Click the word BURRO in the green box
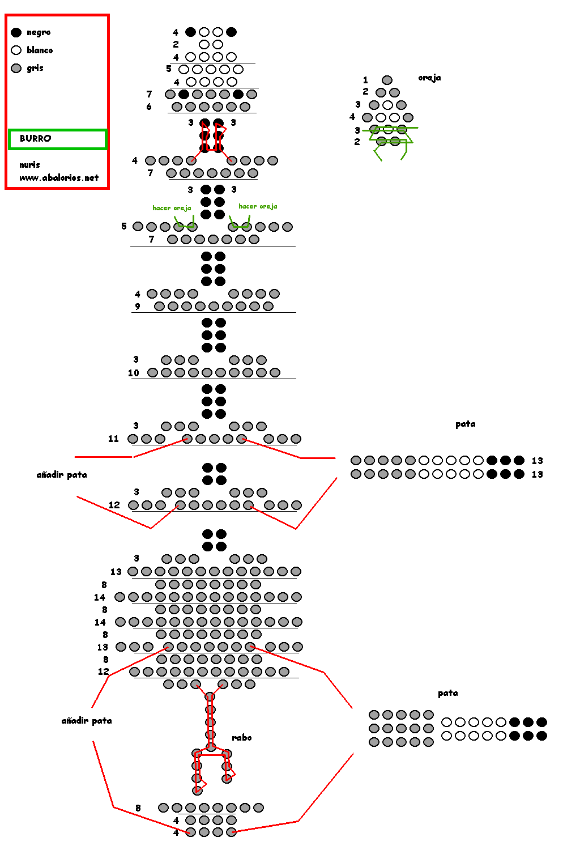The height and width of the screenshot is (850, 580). pos(35,138)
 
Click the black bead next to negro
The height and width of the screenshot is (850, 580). pos(16,32)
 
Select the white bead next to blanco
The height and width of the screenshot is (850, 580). pos(16,50)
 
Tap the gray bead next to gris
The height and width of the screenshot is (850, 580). pos(16,69)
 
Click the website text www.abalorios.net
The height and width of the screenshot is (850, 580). pos(59,177)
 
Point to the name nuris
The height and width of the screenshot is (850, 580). pos(29,165)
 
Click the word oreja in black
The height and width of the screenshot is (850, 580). pos(429,78)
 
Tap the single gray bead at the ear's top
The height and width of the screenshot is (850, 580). pos(387,80)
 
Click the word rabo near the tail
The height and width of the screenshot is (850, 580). pos(242,737)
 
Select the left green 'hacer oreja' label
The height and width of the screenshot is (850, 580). pos(172,208)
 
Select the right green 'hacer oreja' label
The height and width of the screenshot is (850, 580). pos(258,206)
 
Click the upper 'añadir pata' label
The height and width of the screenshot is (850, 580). pos(62,475)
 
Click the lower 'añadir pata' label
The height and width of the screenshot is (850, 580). pos(87,721)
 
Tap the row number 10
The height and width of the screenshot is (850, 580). pos(134,373)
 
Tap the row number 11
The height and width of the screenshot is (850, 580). pos(113,439)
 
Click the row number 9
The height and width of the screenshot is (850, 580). pos(137,307)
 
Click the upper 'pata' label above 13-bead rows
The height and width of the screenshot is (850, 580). pos(466,424)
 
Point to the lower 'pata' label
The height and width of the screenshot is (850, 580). pos(448,693)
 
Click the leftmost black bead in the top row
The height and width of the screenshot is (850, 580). pos(190,32)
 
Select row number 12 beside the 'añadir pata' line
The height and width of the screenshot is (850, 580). pos(114,505)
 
